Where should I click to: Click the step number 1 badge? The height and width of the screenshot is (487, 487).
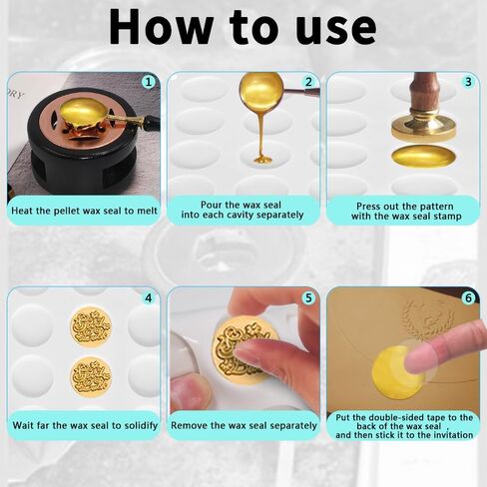coord(149,82)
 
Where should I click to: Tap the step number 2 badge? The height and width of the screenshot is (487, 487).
coord(308,82)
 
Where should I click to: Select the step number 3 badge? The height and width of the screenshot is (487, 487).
coord(468,82)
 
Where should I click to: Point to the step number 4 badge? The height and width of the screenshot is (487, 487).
coord(149,297)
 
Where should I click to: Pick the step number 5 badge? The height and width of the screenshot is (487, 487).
coord(308,297)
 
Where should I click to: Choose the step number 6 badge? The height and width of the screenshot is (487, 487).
coord(468,297)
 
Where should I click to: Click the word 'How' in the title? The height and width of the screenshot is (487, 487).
coord(161,27)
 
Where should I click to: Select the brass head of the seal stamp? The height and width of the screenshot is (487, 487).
coord(423,126)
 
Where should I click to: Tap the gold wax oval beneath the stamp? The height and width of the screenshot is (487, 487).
coord(423,156)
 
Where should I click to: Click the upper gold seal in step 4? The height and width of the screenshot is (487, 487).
coord(91,327)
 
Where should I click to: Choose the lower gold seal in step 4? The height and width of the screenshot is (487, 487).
coord(91,377)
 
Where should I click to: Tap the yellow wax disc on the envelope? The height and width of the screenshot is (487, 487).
coord(396,372)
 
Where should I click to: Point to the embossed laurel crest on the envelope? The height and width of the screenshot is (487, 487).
coord(428,319)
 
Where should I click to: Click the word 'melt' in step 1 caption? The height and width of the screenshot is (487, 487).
coord(147,211)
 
